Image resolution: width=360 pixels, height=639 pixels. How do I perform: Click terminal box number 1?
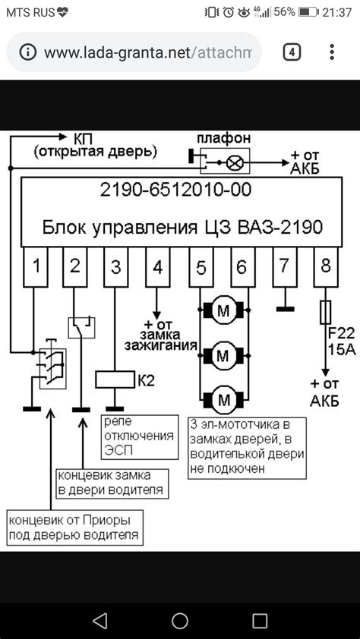(x=36, y=266)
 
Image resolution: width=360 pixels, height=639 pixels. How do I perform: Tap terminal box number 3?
(x=116, y=266)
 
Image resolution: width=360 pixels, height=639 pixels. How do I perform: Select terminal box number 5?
(x=200, y=266)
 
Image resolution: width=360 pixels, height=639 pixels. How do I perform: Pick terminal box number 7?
(x=284, y=266)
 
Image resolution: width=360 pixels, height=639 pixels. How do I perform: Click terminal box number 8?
(x=326, y=266)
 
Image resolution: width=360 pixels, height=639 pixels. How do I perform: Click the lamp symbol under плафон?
(x=236, y=162)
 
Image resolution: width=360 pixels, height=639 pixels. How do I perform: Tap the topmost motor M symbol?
(x=224, y=310)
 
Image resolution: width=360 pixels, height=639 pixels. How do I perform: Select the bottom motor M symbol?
(x=224, y=398)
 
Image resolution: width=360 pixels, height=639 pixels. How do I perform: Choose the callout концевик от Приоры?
(x=74, y=528)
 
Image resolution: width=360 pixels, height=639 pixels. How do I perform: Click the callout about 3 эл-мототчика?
(x=247, y=446)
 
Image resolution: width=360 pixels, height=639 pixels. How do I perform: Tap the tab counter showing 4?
(x=292, y=52)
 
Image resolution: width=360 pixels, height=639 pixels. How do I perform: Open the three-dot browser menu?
(x=332, y=52)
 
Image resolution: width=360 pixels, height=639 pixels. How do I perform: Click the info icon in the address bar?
(x=28, y=52)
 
